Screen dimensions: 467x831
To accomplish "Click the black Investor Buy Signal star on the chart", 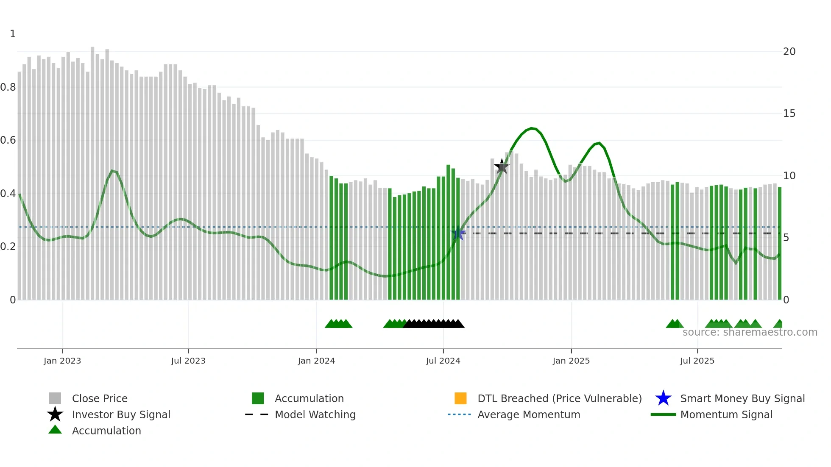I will [502, 167].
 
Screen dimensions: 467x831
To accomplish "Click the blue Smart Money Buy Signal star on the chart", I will [458, 233].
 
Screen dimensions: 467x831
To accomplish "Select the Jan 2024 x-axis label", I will [316, 361].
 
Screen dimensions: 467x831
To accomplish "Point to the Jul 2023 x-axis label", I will [188, 361].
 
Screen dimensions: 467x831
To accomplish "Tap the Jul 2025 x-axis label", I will [697, 361].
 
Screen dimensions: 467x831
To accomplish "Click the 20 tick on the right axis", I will [789, 52].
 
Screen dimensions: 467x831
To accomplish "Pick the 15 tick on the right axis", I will [789, 114].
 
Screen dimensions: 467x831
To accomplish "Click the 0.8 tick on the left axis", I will [8, 87].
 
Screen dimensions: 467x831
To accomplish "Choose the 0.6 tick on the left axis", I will [8, 140].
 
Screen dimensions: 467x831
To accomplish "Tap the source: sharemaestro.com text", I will [750, 332].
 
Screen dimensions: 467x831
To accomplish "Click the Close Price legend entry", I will [100, 398].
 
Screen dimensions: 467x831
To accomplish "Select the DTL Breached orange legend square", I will [460, 398].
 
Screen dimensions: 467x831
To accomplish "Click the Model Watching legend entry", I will [315, 414].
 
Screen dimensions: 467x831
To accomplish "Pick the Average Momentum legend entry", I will [529, 414].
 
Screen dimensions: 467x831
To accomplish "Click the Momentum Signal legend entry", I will [726, 414].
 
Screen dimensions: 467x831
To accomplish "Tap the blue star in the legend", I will [663, 398].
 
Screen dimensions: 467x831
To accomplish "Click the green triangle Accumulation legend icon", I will [55, 430].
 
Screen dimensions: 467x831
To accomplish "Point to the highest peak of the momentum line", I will [533, 128].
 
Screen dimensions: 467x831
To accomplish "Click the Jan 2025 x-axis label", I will [571, 361].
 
